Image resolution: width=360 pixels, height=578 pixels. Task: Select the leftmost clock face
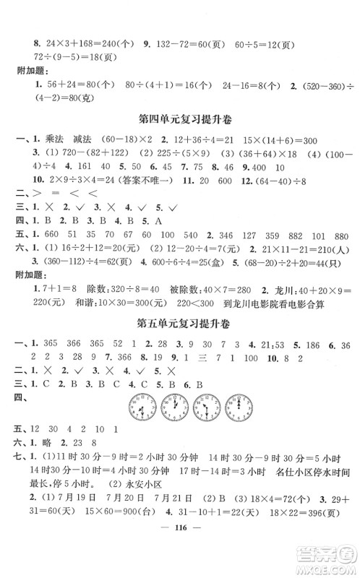pos(137,407)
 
